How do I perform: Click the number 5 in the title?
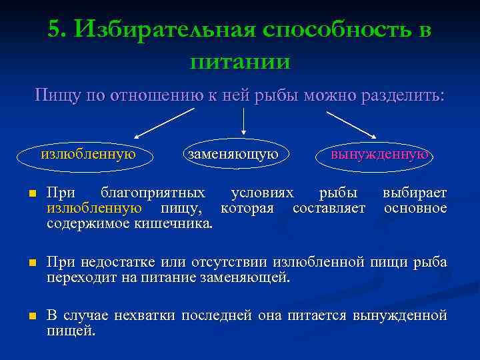[x=55, y=29]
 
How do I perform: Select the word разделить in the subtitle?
[x=402, y=95]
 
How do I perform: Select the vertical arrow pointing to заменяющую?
[x=243, y=121]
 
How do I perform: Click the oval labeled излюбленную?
[x=89, y=155]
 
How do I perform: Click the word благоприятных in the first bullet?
[x=152, y=193]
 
